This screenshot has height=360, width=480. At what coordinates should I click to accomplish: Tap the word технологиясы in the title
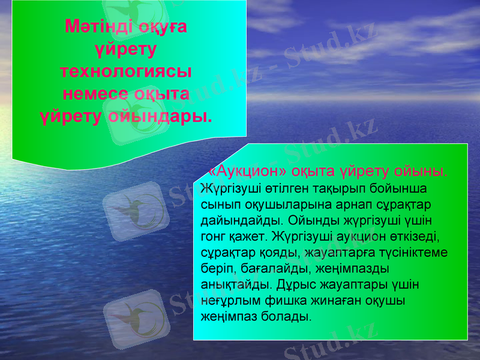pos(126,71)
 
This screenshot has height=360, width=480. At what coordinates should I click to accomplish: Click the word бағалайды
pos(272,266)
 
